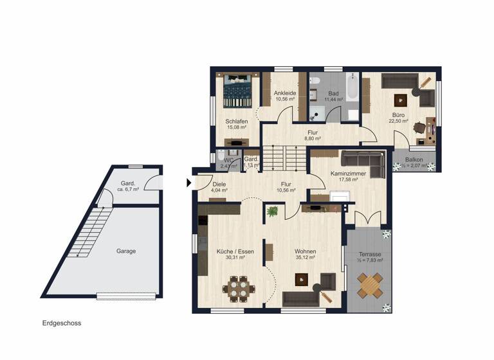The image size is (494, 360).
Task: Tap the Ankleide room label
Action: click(284, 96)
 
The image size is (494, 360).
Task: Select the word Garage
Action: click(126, 251)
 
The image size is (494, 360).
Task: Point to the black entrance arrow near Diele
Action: click(189, 183)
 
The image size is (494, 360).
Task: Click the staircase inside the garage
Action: click(88, 231)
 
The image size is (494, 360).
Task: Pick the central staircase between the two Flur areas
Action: click(285, 157)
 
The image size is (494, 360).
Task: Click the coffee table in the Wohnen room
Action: click(300, 280)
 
